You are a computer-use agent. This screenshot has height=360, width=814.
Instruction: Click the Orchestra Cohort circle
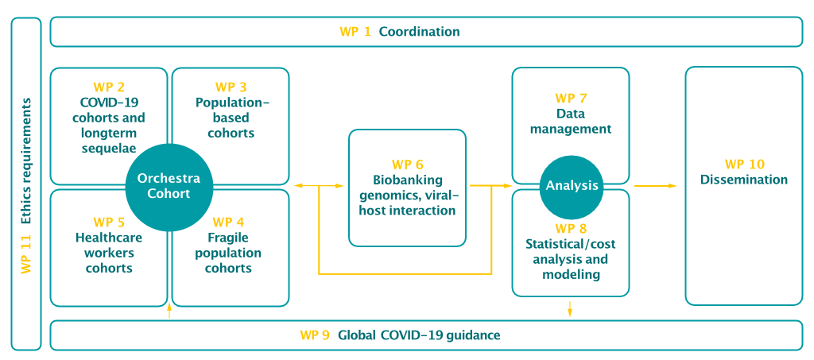point(169,186)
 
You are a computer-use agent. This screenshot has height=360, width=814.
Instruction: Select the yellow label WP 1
point(355,32)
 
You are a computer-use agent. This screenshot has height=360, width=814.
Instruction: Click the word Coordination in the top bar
point(419,32)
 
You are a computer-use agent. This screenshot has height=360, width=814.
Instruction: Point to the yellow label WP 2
point(109,87)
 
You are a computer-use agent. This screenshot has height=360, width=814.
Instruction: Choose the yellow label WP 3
point(231,87)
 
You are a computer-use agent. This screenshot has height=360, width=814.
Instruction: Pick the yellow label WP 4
point(228,223)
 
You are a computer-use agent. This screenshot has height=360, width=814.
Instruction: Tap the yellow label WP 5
point(109,223)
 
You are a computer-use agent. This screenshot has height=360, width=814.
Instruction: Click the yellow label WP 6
point(408,165)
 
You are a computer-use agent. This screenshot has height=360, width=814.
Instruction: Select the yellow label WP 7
point(571,98)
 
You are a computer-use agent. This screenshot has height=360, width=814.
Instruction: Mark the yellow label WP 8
point(571,229)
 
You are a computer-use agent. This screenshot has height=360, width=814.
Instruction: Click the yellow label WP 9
point(315,335)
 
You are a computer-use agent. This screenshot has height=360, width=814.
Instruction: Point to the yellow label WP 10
point(744,165)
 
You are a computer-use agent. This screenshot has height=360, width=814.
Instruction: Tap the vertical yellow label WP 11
point(26,254)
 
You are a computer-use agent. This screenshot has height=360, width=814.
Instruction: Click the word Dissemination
point(744,180)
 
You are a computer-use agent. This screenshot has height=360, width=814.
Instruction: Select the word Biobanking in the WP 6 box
point(408,180)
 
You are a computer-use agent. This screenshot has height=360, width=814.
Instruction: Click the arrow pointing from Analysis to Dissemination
point(655,186)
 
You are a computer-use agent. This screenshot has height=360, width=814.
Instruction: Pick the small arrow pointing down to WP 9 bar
point(570,308)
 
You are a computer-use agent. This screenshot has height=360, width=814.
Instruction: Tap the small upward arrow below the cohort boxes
point(169,311)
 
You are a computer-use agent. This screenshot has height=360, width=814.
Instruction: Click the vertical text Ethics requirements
point(26,161)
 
